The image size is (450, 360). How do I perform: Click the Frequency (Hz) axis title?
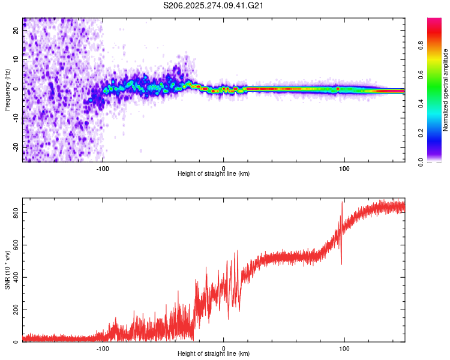coord(7,89)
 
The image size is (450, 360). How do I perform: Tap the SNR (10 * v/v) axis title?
coord(7,271)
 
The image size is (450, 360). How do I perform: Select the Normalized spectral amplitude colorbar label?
coord(445,90)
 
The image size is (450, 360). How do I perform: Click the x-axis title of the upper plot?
coord(214,173)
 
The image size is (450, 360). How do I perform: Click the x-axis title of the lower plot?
coord(214,354)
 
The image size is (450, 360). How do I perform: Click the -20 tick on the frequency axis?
coord(16,146)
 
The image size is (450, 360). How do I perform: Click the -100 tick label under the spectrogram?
coord(103,168)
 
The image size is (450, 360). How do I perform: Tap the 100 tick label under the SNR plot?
coord(344,348)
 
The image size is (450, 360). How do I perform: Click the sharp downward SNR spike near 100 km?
coord(341,263)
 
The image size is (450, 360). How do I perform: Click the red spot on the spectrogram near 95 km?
coord(338,89)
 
